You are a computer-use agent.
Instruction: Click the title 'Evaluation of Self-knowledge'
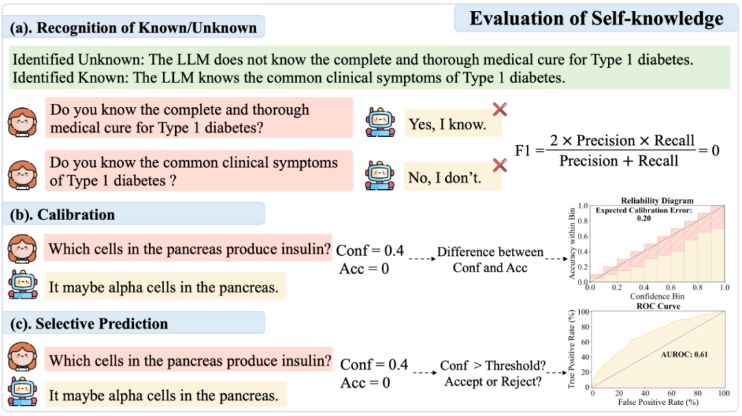coord(596,18)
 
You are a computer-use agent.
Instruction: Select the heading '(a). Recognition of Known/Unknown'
coord(134,28)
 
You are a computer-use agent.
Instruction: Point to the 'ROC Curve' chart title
coord(659,305)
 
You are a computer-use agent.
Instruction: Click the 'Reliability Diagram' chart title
coord(657,201)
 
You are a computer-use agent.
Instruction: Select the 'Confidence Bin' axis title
coord(657,296)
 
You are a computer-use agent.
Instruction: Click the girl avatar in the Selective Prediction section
coord(22,360)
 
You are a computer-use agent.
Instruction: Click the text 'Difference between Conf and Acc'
coord(490,260)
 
